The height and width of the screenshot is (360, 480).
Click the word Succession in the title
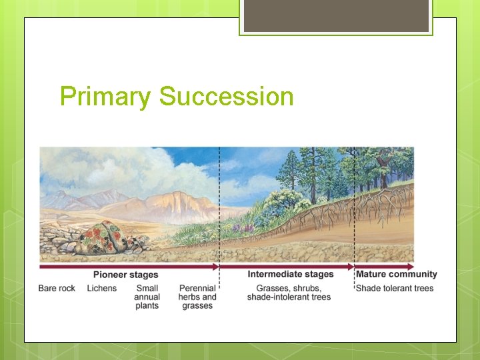pos(226,97)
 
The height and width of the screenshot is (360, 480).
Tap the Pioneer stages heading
pos(125,275)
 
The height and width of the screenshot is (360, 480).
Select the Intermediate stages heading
pos(290,274)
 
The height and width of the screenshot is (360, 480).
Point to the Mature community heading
pos(396,274)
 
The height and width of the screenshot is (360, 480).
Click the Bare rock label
pos(57,288)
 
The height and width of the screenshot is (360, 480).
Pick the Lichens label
pos(101,288)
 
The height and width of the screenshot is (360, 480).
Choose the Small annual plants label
pos(147,297)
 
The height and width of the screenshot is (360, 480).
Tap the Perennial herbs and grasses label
pos(197,297)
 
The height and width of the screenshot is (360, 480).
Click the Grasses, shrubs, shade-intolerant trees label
pos(289,293)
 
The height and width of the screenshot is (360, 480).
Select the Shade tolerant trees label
pos(394,288)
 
